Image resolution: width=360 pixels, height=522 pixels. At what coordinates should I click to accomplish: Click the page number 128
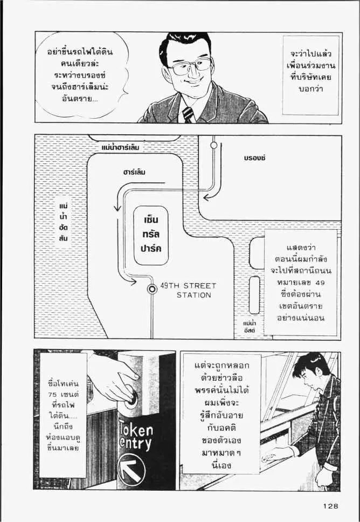tap(331, 506)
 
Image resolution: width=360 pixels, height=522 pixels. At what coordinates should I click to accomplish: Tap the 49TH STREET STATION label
tap(188, 290)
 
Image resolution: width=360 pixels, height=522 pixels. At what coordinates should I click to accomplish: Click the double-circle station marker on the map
tap(153, 289)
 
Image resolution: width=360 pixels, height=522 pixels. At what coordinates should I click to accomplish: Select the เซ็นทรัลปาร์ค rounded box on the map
tap(151, 236)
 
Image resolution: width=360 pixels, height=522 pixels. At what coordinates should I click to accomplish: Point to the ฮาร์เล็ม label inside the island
tap(134, 173)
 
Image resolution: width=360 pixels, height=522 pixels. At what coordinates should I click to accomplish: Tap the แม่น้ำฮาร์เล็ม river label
tap(123, 146)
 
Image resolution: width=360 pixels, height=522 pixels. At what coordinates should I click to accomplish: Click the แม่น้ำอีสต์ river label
tap(248, 326)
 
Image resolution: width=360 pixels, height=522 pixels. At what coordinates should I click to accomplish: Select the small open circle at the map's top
tap(214, 145)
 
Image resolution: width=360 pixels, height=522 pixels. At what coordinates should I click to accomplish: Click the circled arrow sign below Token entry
tap(131, 469)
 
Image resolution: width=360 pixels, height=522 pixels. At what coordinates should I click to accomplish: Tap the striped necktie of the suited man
tap(188, 114)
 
